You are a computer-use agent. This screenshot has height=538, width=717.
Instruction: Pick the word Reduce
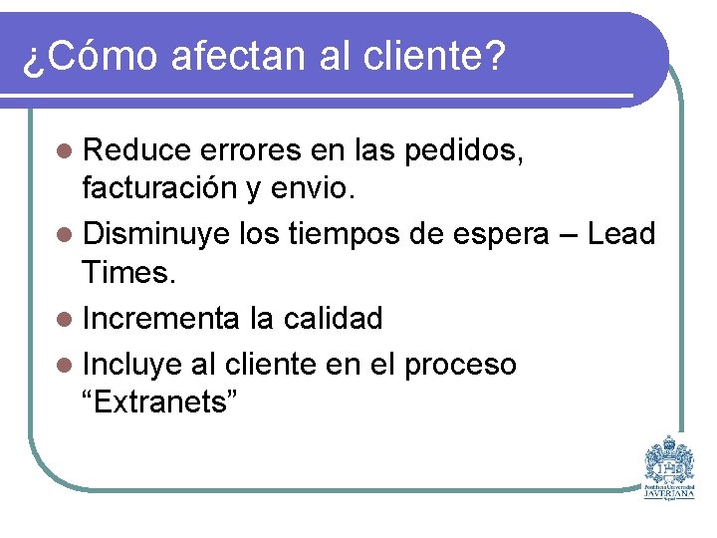[x=136, y=151]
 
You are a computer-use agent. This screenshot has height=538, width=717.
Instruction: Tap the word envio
[x=327, y=187]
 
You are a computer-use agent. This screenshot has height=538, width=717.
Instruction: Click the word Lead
[x=621, y=235]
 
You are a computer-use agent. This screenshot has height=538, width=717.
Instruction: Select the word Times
[x=129, y=271]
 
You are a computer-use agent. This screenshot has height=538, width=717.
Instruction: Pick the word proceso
[x=460, y=366]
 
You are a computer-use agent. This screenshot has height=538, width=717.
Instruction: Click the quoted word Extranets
[x=160, y=403]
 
